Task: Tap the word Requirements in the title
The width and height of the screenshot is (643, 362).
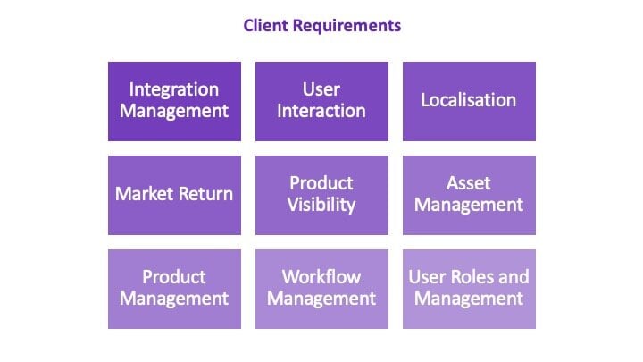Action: tap(347, 26)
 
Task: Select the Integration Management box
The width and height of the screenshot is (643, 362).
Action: tap(174, 101)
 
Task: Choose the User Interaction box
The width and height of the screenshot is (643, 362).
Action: tap(321, 101)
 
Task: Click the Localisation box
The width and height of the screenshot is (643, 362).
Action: tap(469, 101)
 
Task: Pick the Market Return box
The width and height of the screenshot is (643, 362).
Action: tap(174, 195)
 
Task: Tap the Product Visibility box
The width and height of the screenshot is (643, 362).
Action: tap(321, 195)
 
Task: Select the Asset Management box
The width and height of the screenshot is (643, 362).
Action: tap(469, 195)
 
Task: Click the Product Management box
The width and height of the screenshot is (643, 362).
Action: tap(174, 289)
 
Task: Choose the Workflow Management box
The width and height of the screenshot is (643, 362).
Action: tap(321, 289)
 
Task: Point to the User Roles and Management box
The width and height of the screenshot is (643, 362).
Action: tap(469, 289)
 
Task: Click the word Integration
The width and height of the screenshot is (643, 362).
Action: tap(174, 90)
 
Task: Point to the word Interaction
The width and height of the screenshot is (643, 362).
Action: tap(321, 111)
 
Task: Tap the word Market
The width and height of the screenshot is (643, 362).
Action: tap(144, 194)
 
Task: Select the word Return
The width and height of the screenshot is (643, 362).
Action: tap(205, 194)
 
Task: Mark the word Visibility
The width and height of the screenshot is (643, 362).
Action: tap(321, 206)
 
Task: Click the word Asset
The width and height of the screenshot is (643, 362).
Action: tap(468, 183)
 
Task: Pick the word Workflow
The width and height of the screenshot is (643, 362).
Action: tap(321, 277)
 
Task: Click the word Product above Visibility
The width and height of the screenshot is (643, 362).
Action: tap(321, 183)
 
